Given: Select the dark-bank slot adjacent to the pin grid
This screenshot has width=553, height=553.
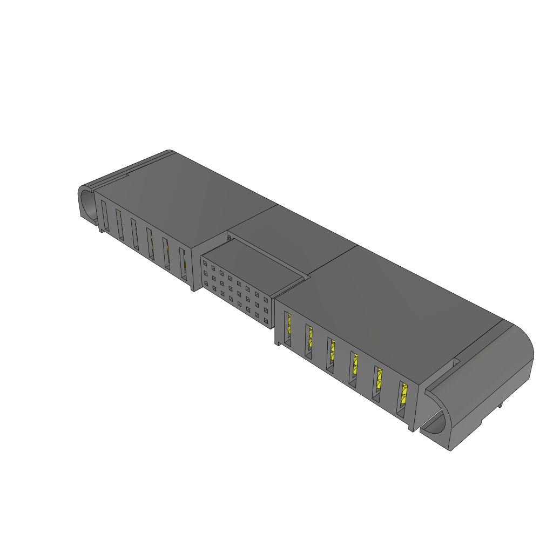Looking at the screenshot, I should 184,264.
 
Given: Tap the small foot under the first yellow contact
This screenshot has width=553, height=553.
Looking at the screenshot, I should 279,343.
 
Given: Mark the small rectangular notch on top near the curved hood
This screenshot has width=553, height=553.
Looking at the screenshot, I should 456,359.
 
